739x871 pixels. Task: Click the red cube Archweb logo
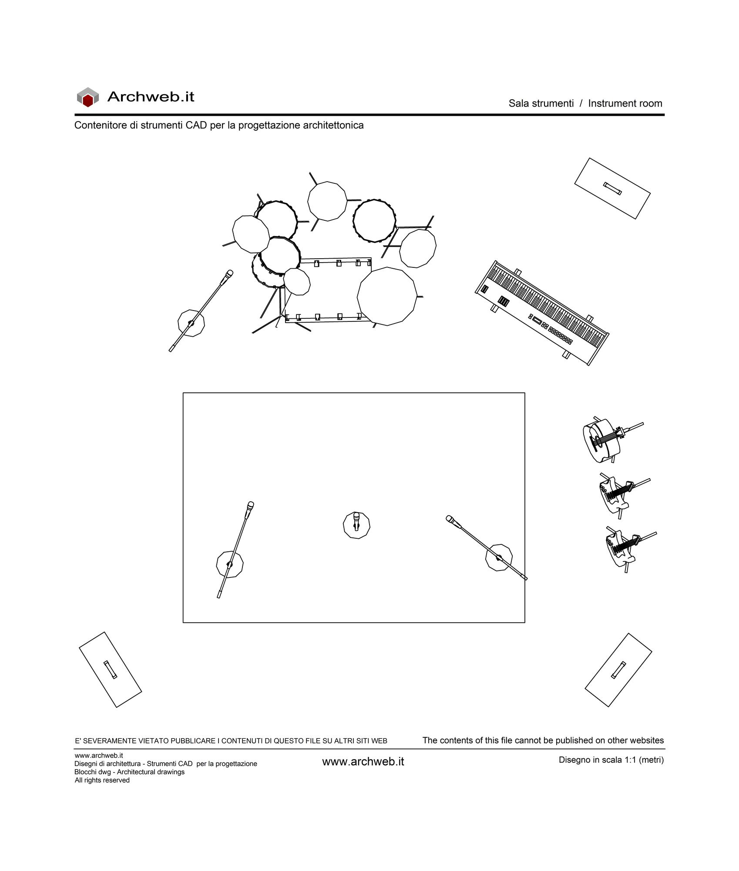pyautogui.click(x=88, y=97)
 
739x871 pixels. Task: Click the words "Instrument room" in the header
pyautogui.click(x=625, y=104)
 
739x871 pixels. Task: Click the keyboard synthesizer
pyautogui.click(x=542, y=313)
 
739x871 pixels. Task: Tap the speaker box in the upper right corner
pyautogui.click(x=612, y=188)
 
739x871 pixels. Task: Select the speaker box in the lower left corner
pyautogui.click(x=110, y=670)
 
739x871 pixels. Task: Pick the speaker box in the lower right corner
pyautogui.click(x=618, y=670)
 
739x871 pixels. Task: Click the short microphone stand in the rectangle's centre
pyautogui.click(x=356, y=525)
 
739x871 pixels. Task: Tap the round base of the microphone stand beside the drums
pyautogui.click(x=191, y=323)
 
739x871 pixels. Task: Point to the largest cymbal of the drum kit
pyautogui.click(x=386, y=296)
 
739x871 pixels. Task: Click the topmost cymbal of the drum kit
pyautogui.click(x=327, y=201)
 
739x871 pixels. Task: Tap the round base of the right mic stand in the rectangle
pyautogui.click(x=499, y=557)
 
